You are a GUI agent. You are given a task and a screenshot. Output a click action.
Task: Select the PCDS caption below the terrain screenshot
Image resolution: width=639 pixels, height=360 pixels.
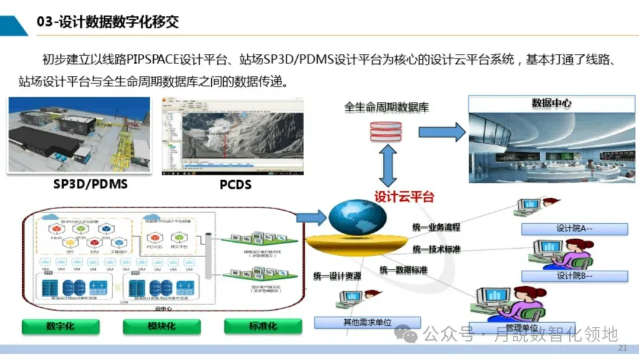point(235,185)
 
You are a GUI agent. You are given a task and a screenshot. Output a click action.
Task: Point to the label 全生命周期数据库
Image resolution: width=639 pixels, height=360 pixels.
point(386,108)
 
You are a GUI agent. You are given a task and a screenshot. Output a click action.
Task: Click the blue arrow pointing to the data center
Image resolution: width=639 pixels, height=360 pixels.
point(442,131)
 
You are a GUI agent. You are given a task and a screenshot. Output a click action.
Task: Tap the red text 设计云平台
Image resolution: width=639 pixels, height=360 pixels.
point(404,197)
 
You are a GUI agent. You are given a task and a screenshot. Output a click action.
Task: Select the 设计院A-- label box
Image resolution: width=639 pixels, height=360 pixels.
point(574,229)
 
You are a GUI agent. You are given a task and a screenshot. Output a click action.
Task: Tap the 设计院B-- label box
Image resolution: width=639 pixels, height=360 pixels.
point(574,275)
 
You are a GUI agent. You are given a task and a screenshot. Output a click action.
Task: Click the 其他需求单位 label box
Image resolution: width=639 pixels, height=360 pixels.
point(367,323)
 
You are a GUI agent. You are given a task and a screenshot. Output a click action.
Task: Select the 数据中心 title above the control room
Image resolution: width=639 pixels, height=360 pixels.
point(551,103)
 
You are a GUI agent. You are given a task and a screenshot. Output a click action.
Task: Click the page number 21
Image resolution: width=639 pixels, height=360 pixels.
point(622,347)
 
